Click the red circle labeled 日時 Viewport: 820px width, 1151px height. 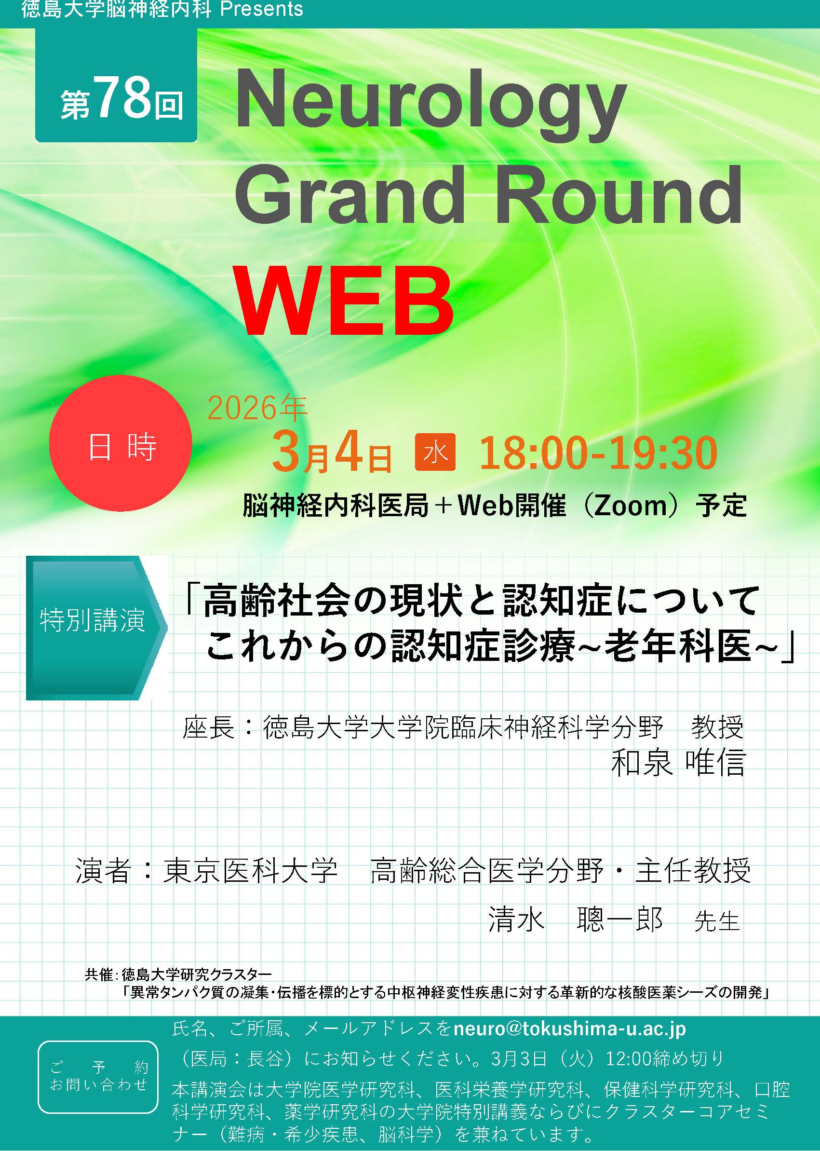point(120,443)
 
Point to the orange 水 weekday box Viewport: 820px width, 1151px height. point(435,452)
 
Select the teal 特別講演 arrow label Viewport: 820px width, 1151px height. point(96,628)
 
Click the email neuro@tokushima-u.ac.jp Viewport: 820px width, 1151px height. point(569,1028)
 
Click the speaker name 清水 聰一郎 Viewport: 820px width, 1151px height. point(576,919)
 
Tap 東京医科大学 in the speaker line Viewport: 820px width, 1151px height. point(250,870)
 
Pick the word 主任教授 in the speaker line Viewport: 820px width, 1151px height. point(693,870)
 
